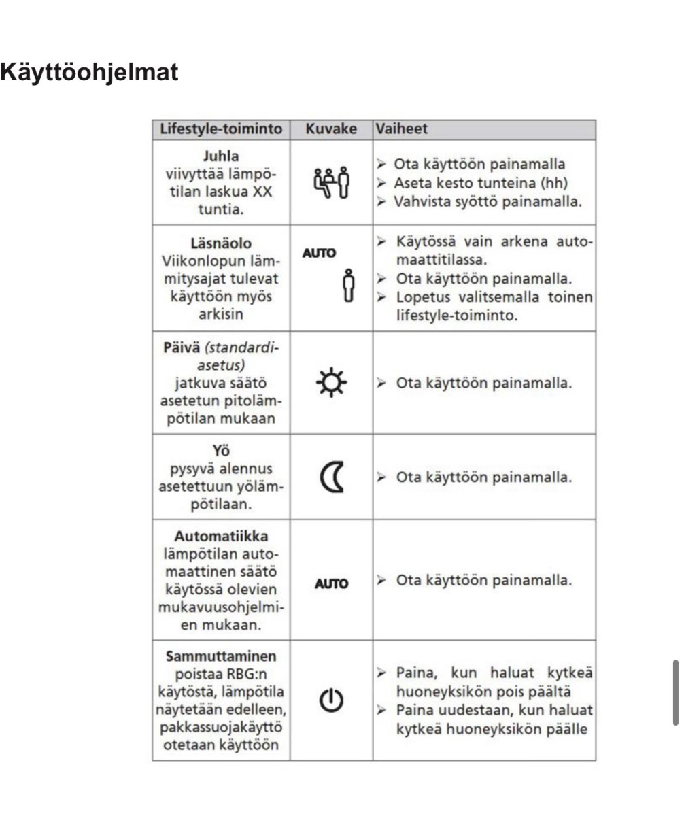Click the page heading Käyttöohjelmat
89,72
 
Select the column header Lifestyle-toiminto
221,129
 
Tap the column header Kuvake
331,129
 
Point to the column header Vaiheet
402,129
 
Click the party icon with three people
331,182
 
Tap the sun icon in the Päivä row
332,383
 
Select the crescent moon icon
331,477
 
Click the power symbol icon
331,700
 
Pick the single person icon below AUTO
349,286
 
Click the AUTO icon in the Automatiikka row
331,583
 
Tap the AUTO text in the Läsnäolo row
319,253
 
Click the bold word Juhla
221,156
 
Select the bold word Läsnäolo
221,243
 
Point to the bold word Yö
221,451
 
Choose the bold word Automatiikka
221,536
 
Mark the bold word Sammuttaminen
221,656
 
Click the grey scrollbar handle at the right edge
674,692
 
